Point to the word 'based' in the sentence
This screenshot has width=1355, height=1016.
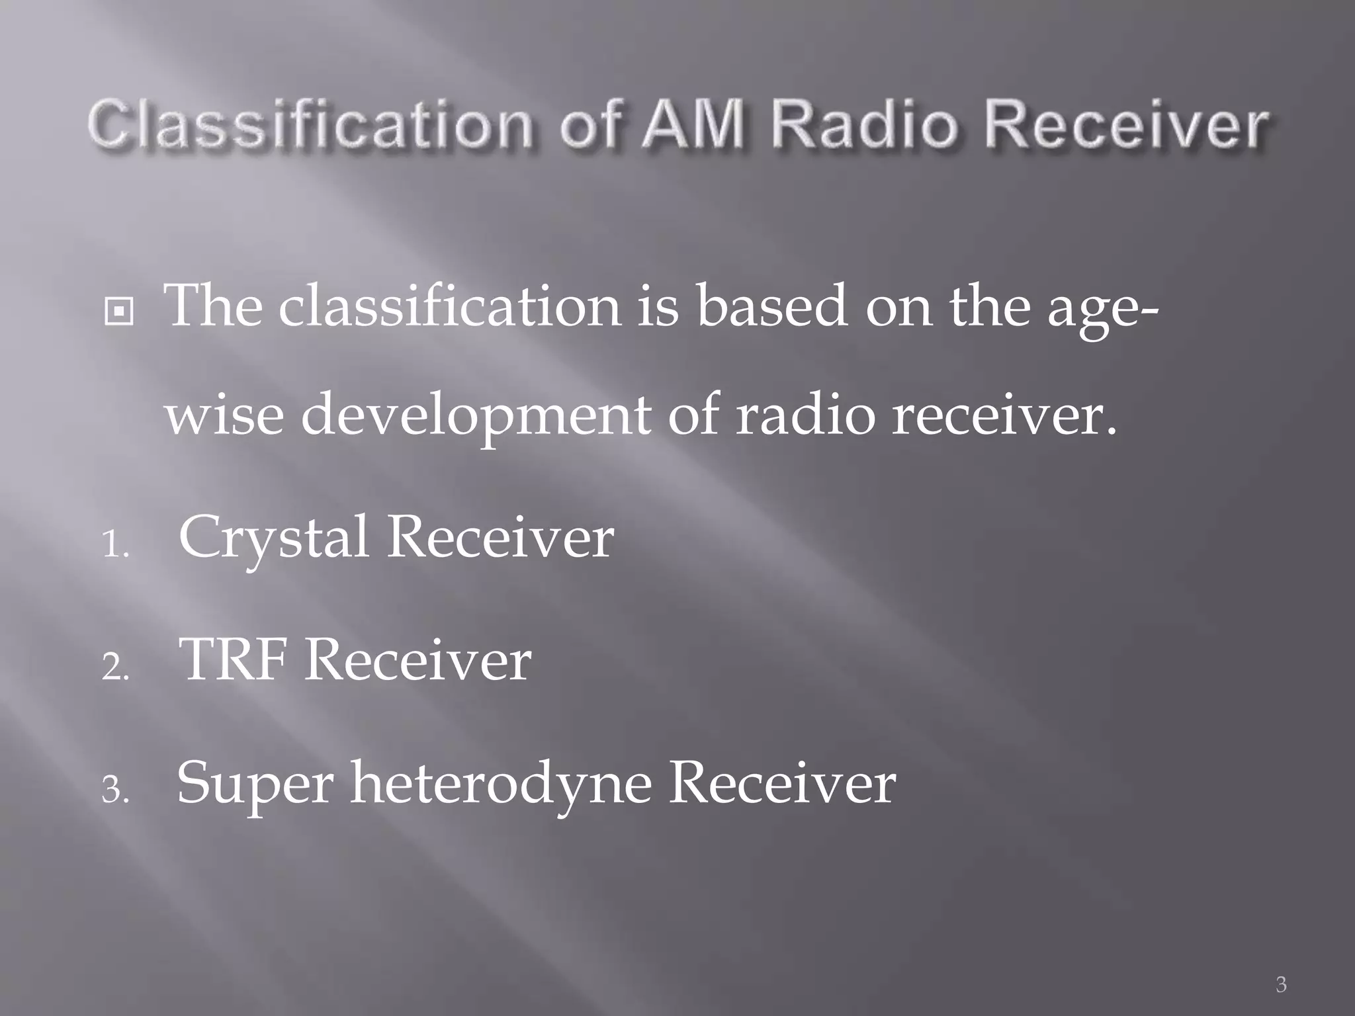[771, 306]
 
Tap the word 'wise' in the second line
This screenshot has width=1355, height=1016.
[224, 415]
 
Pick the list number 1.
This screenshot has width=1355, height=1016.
[115, 546]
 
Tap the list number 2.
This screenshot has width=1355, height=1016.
[115, 668]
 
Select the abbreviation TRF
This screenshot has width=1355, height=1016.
[234, 659]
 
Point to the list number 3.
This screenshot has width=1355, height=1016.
[115, 790]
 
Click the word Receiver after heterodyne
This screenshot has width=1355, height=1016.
[782, 783]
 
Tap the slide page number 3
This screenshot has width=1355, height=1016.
[1281, 985]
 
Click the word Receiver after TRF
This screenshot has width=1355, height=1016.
[417, 659]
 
